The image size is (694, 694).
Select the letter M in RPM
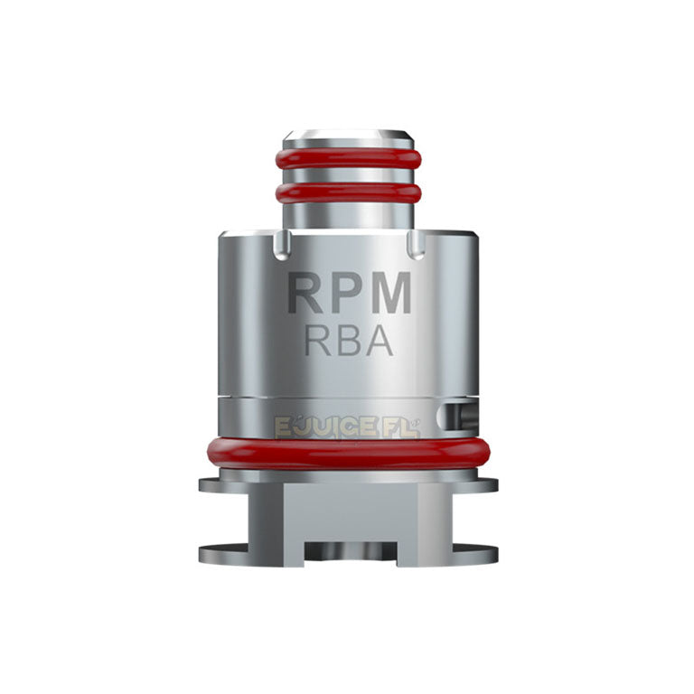pyautogui.click(x=393, y=294)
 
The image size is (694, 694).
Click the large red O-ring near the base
pyautogui.click(x=349, y=452)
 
